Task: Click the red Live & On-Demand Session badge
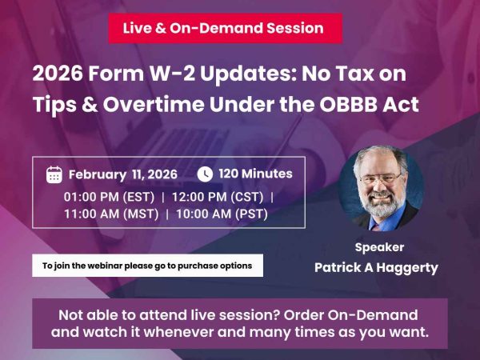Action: (224, 28)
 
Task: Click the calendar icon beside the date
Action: (54, 174)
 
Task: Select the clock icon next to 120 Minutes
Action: (205, 174)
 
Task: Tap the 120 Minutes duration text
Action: (255, 174)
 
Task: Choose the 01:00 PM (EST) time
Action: (109, 196)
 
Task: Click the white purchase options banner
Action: (147, 266)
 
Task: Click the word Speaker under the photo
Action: (379, 247)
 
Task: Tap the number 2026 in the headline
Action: (58, 74)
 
